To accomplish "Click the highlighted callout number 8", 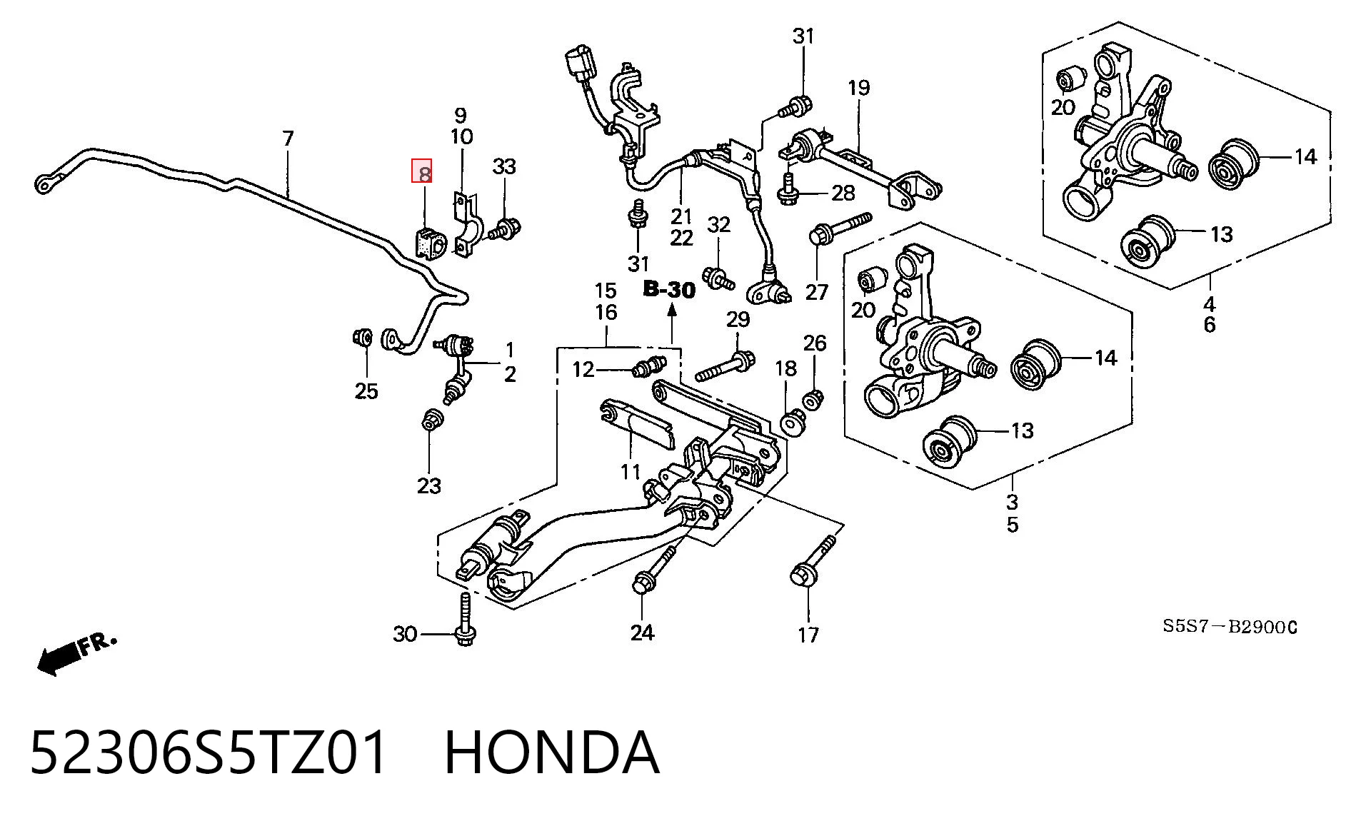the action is [x=424, y=172].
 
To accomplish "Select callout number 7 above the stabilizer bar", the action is [x=288, y=138].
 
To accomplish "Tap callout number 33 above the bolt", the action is [x=504, y=166].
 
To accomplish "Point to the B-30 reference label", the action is [x=669, y=289].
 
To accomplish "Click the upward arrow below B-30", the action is [x=671, y=323].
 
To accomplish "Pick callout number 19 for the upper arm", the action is [x=859, y=88].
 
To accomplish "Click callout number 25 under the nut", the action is [x=366, y=391].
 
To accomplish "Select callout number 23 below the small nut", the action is [x=429, y=485].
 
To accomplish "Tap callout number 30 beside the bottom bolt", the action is [x=405, y=633].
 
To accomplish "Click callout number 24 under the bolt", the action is [x=642, y=632].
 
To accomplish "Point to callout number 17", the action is [x=808, y=634].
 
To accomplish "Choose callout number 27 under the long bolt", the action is [x=817, y=291].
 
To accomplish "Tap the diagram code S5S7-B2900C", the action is [x=1230, y=627].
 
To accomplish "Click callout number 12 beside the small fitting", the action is [x=583, y=369].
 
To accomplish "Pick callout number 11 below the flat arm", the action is [x=630, y=472].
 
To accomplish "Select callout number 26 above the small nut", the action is [x=815, y=343].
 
